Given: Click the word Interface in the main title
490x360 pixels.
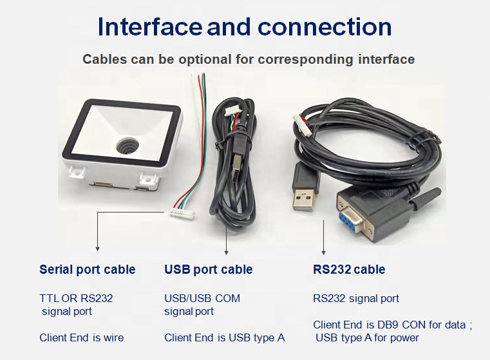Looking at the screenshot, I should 149,26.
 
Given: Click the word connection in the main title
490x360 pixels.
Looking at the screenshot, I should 325,26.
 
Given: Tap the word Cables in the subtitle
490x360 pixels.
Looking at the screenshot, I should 104,59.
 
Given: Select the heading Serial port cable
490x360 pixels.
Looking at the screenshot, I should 88,269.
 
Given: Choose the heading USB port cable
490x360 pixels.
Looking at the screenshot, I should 208,269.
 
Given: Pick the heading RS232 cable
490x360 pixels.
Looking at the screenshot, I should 349,269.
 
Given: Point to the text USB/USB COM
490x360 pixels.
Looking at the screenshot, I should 202,298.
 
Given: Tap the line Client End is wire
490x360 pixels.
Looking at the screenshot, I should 82,337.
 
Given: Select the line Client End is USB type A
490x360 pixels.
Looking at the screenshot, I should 224,337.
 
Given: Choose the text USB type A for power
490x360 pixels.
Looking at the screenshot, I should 367,337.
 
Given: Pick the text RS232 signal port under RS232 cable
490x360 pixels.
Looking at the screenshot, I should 356,298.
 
